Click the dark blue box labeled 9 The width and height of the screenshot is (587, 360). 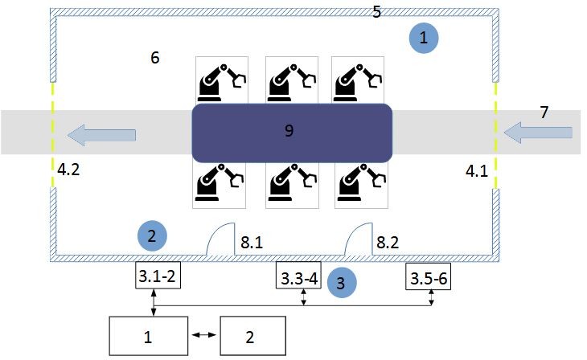pyautogui.click(x=291, y=131)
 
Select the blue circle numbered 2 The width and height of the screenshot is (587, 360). pyautogui.click(x=153, y=235)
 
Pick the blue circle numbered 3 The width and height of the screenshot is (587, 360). pyautogui.click(x=341, y=282)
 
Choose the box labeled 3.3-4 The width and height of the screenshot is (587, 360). pyautogui.click(x=298, y=277)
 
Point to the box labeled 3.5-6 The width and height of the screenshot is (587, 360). pyautogui.click(x=427, y=277)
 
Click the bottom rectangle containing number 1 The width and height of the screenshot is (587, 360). pyautogui.click(x=146, y=336)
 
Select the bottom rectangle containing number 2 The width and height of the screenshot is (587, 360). pyautogui.click(x=252, y=336)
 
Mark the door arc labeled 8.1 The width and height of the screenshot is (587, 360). pyautogui.click(x=220, y=239)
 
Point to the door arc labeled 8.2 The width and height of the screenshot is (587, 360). pyautogui.click(x=359, y=239)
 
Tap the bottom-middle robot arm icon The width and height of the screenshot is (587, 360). pyautogui.click(x=289, y=182)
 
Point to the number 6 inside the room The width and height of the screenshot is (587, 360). pyautogui.click(x=155, y=58)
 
